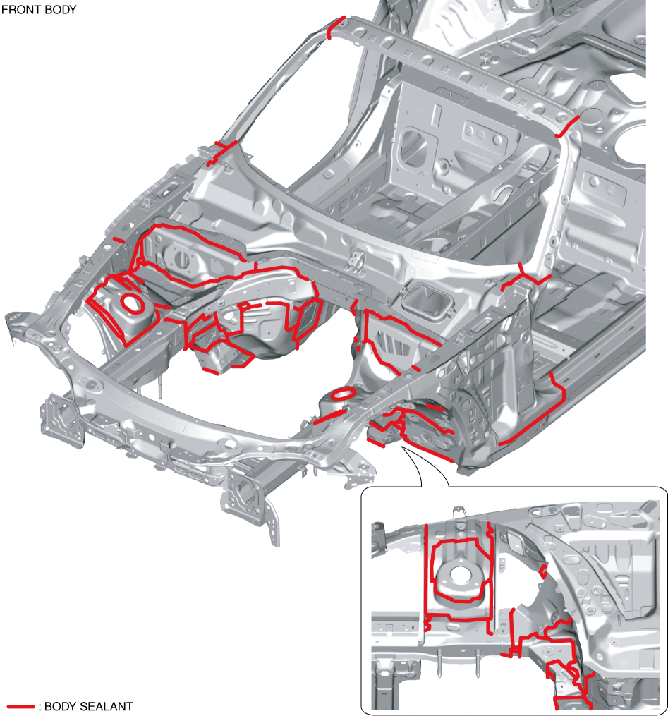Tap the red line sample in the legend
[x=20, y=706]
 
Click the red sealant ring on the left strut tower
[x=132, y=303]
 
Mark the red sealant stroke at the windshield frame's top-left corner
[x=336, y=28]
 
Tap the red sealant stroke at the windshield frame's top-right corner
[x=567, y=126]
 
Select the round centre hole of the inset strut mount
[x=459, y=575]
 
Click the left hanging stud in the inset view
[x=439, y=665]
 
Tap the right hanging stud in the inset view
[x=478, y=664]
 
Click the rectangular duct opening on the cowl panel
[x=426, y=300]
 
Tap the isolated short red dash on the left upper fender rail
[x=119, y=240]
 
